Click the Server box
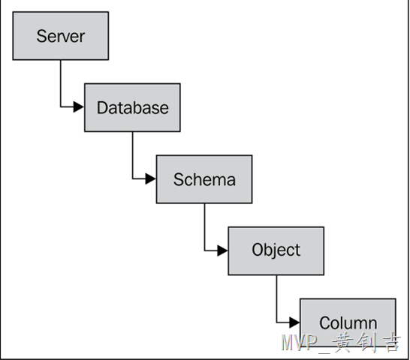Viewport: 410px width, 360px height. coord(61,36)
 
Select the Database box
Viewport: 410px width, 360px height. coord(132,108)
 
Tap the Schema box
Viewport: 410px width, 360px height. coord(204,179)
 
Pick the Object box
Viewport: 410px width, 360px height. coord(276,251)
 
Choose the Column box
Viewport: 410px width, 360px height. coord(348,322)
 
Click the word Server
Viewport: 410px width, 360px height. coord(61,36)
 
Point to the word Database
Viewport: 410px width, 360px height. coord(133,108)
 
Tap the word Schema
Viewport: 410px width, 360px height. coord(204,179)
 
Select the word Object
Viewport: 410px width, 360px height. coord(276,250)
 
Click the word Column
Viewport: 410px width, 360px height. coord(348,323)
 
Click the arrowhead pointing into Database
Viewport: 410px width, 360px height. coord(79,106)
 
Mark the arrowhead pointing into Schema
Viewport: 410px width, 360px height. coord(151,178)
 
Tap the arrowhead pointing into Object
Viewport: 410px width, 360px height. coord(222,250)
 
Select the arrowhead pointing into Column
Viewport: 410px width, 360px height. coord(294,322)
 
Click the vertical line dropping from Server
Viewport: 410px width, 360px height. coord(61,83)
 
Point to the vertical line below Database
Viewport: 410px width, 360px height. coord(133,155)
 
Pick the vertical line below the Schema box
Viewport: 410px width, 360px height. coord(204,227)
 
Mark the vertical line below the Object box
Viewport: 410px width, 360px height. coord(276,298)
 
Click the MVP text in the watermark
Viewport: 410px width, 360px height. coord(299,342)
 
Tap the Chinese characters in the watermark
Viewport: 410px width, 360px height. coord(366,342)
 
